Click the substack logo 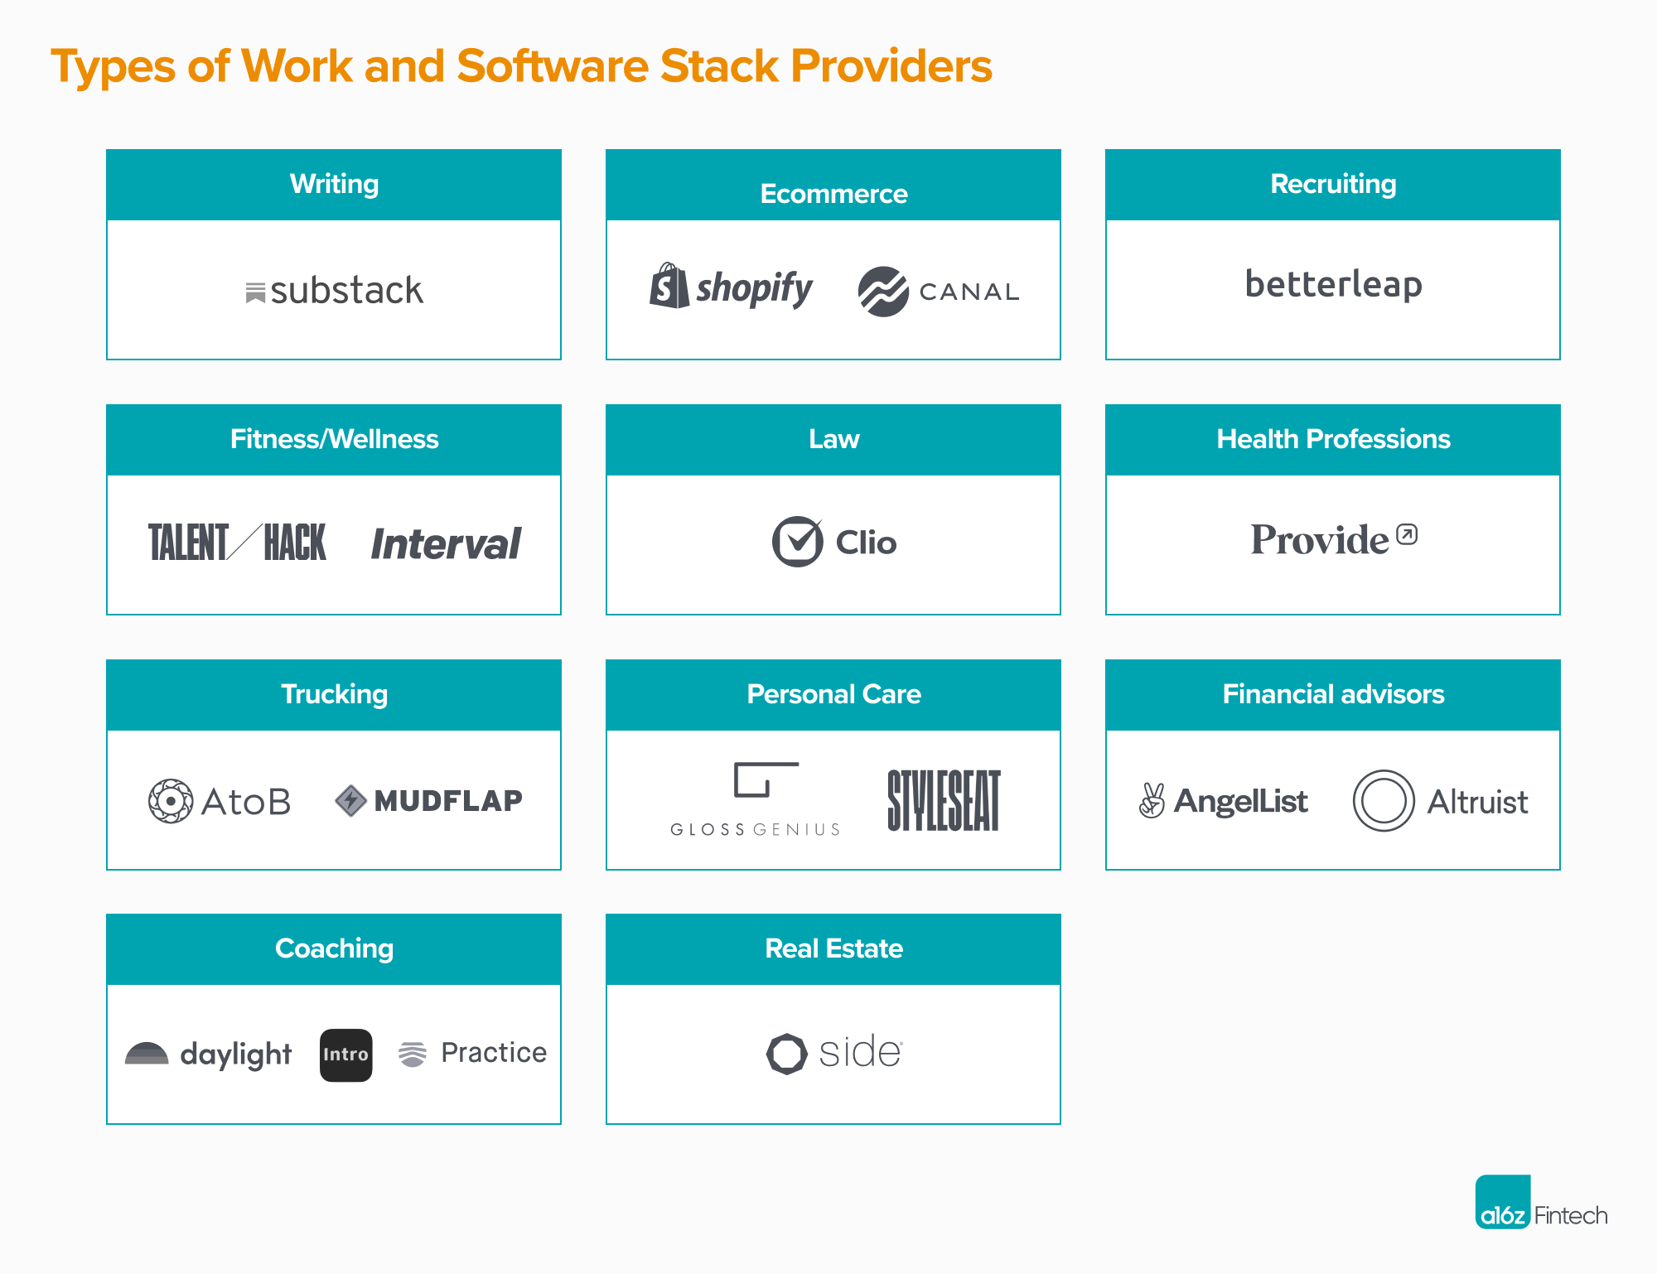point(335,291)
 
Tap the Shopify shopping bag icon point(669,287)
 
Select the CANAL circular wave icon point(883,292)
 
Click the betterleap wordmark point(1333,284)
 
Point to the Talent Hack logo point(237,543)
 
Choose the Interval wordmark point(446,544)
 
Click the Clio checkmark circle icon point(797,542)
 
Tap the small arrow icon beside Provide point(1407,534)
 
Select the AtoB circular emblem point(171,801)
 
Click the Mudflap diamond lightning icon point(351,800)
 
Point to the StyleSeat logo point(944,800)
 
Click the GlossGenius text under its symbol point(755,829)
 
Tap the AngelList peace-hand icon point(1152,800)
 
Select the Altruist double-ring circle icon point(1384,801)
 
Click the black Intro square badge point(345,1054)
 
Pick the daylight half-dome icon point(147,1053)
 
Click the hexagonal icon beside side point(786,1054)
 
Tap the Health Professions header point(1333,439)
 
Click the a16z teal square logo point(1503,1202)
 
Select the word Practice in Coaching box point(494,1053)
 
